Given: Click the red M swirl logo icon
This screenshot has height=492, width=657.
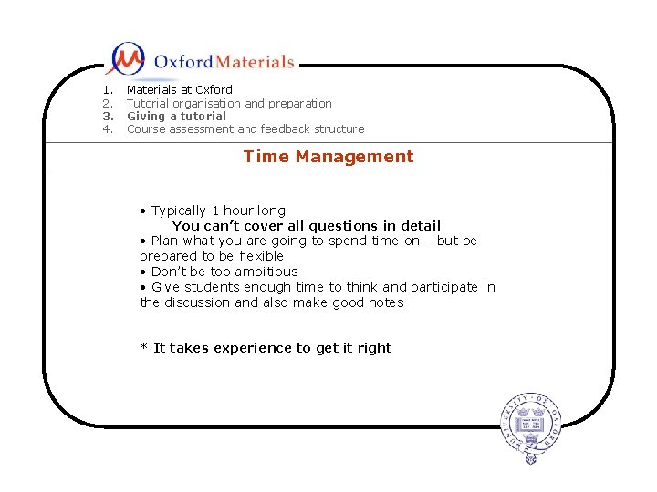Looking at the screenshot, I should click(x=125, y=59).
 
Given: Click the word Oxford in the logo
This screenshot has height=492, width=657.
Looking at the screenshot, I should click(x=183, y=62).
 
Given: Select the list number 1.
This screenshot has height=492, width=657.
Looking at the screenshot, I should click(x=108, y=90).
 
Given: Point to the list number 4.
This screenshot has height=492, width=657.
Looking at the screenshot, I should click(x=108, y=129).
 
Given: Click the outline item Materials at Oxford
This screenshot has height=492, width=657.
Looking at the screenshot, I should click(x=179, y=90).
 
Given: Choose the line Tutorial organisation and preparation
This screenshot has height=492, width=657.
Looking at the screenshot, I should click(x=228, y=104).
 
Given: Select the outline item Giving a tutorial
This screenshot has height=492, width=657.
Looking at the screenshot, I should click(x=176, y=117).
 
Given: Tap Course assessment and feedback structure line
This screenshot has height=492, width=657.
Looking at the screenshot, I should click(x=245, y=129).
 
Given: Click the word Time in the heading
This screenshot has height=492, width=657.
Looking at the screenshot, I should click(x=266, y=157).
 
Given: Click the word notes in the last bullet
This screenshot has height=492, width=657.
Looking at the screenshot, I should click(x=383, y=302).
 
